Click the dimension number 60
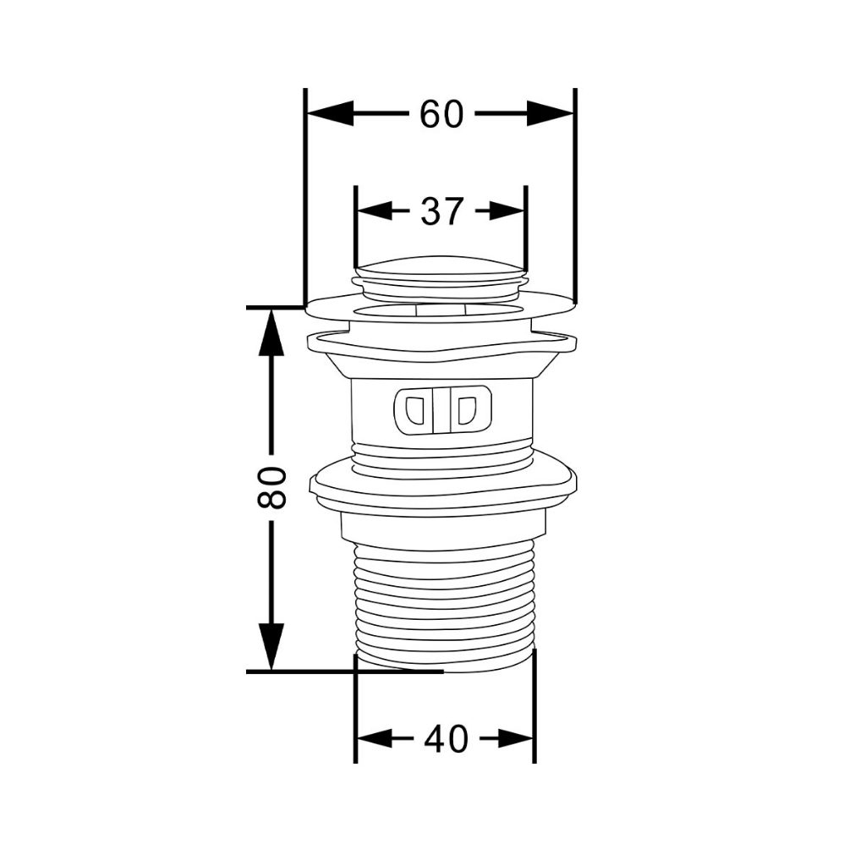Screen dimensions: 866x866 point(441,114)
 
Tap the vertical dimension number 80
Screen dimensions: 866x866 point(271,487)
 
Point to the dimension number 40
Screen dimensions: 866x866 point(446,739)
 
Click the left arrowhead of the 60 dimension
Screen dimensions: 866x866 point(330,113)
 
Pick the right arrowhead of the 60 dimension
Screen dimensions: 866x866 point(551,113)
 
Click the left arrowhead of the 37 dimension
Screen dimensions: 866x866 point(375,211)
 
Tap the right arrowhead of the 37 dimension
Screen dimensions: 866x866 point(507,211)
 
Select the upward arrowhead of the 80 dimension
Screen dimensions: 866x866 point(271,332)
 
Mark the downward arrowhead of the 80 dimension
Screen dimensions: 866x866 point(271,647)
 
